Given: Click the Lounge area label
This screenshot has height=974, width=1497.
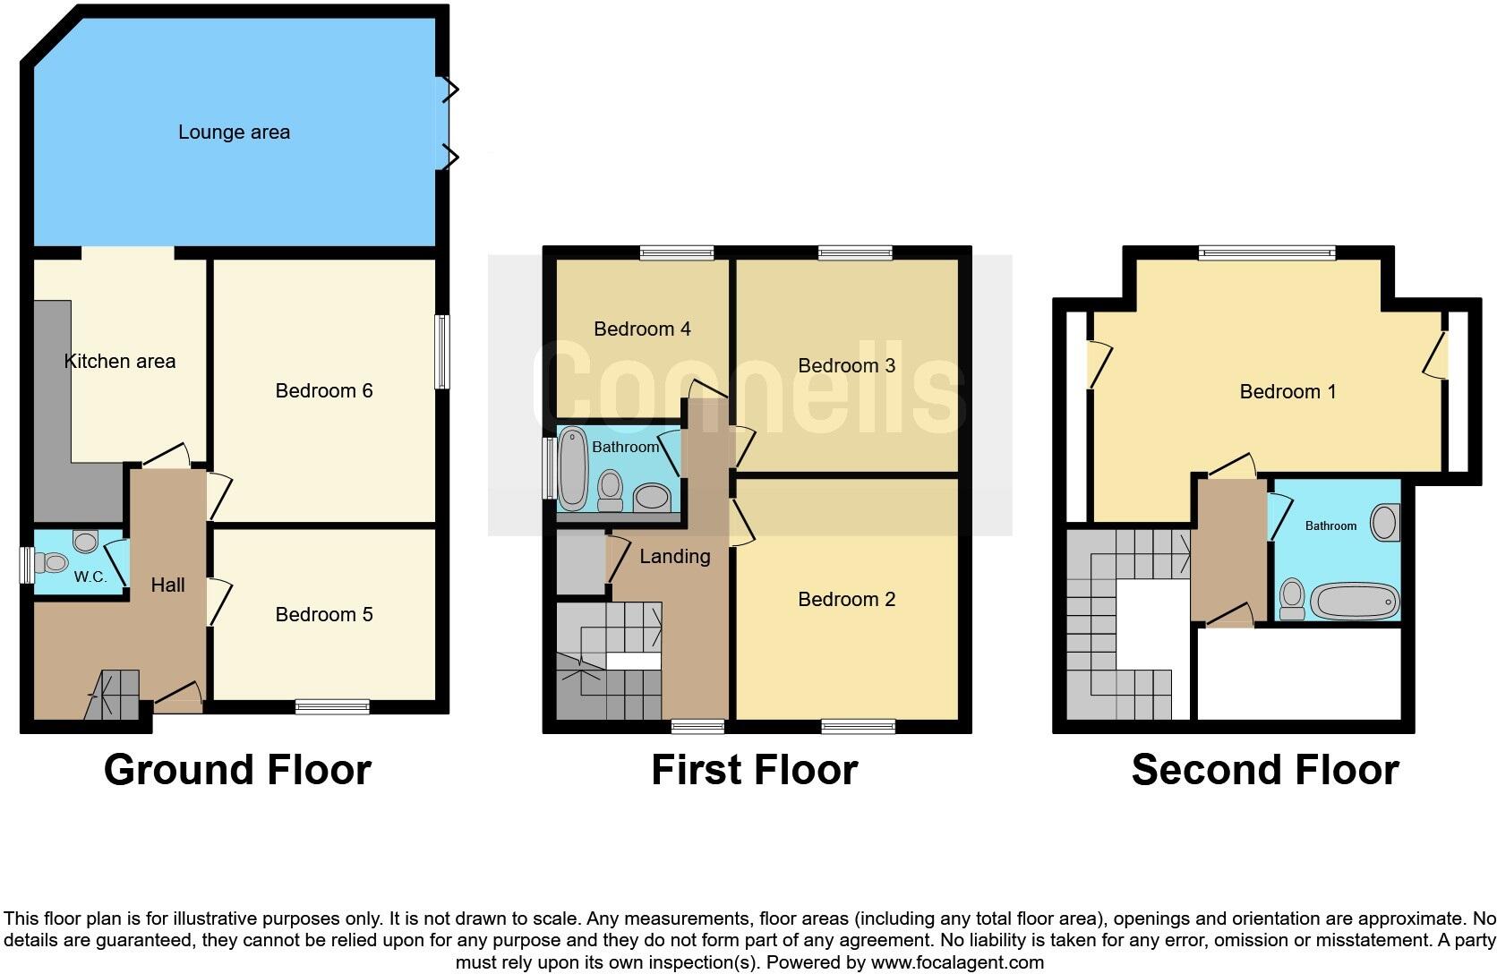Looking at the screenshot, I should [x=234, y=132].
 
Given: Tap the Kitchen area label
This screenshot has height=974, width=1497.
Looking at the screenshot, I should [x=120, y=362].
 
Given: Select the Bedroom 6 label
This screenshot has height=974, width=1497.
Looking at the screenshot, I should [x=323, y=391].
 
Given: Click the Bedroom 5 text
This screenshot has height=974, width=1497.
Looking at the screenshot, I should [x=323, y=615].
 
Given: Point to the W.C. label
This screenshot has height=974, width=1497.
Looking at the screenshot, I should [x=90, y=577].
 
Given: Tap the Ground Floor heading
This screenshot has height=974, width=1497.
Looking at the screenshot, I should [x=237, y=770].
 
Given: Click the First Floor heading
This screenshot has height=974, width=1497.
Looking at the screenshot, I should [x=754, y=770].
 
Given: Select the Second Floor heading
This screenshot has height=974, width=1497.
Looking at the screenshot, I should [x=1264, y=770].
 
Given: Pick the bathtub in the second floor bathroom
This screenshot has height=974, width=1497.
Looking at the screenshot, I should [x=1354, y=602].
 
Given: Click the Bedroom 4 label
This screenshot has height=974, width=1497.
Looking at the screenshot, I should [x=642, y=329].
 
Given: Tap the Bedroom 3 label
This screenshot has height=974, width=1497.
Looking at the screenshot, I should [x=846, y=366].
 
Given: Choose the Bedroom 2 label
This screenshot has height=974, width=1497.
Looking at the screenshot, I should [x=846, y=600].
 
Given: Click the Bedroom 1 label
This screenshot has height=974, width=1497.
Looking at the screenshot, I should [x=1287, y=392].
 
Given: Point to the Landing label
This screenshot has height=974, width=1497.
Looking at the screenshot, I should [x=674, y=557].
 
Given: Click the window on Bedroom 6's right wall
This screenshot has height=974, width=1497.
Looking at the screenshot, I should [x=441, y=352].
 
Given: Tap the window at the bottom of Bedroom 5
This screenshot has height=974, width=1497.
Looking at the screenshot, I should [x=332, y=707].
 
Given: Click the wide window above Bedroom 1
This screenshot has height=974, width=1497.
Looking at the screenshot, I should [x=1267, y=253].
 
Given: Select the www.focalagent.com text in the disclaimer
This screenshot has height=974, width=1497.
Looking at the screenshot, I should [x=957, y=963].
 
